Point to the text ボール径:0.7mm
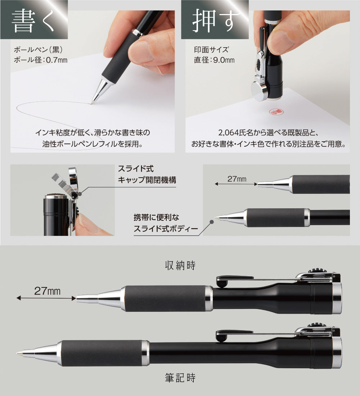click(40, 60)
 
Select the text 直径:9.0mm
click(214, 60)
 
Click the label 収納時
click(180, 266)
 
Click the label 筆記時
click(180, 378)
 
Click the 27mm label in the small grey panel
click(236, 179)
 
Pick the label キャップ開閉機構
click(147, 179)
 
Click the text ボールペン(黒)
click(35, 49)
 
